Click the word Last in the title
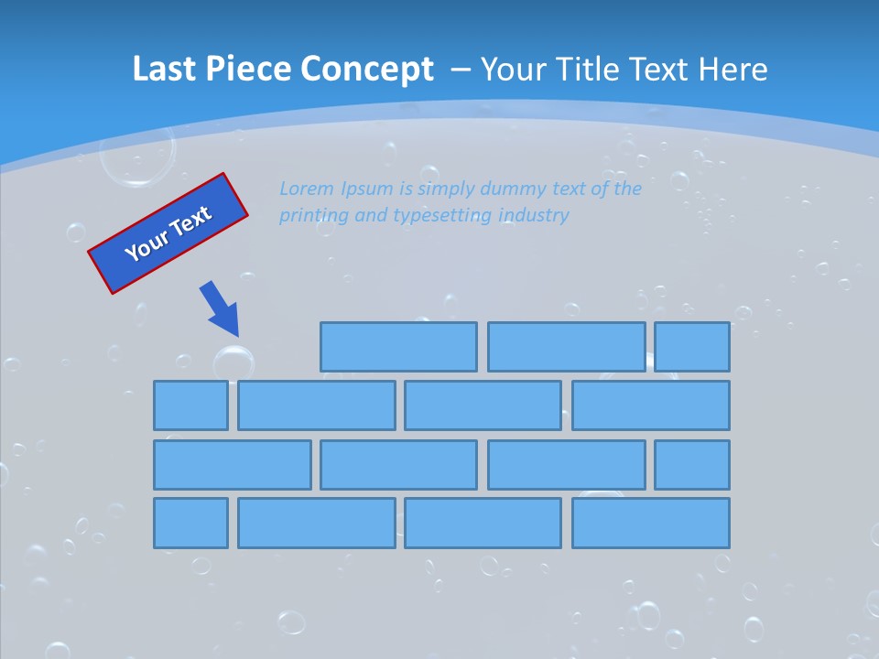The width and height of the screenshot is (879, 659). click(163, 70)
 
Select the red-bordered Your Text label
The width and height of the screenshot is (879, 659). click(168, 233)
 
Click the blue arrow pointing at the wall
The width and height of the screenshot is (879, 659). click(221, 308)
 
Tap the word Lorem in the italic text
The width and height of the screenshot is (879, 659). click(306, 189)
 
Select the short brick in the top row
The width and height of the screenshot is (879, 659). click(691, 347)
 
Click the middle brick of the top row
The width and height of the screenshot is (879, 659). click(566, 347)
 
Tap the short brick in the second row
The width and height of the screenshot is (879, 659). click(190, 405)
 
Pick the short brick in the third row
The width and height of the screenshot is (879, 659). click(691, 464)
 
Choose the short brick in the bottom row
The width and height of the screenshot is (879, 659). click(190, 523)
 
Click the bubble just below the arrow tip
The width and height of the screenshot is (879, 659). click(233, 362)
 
